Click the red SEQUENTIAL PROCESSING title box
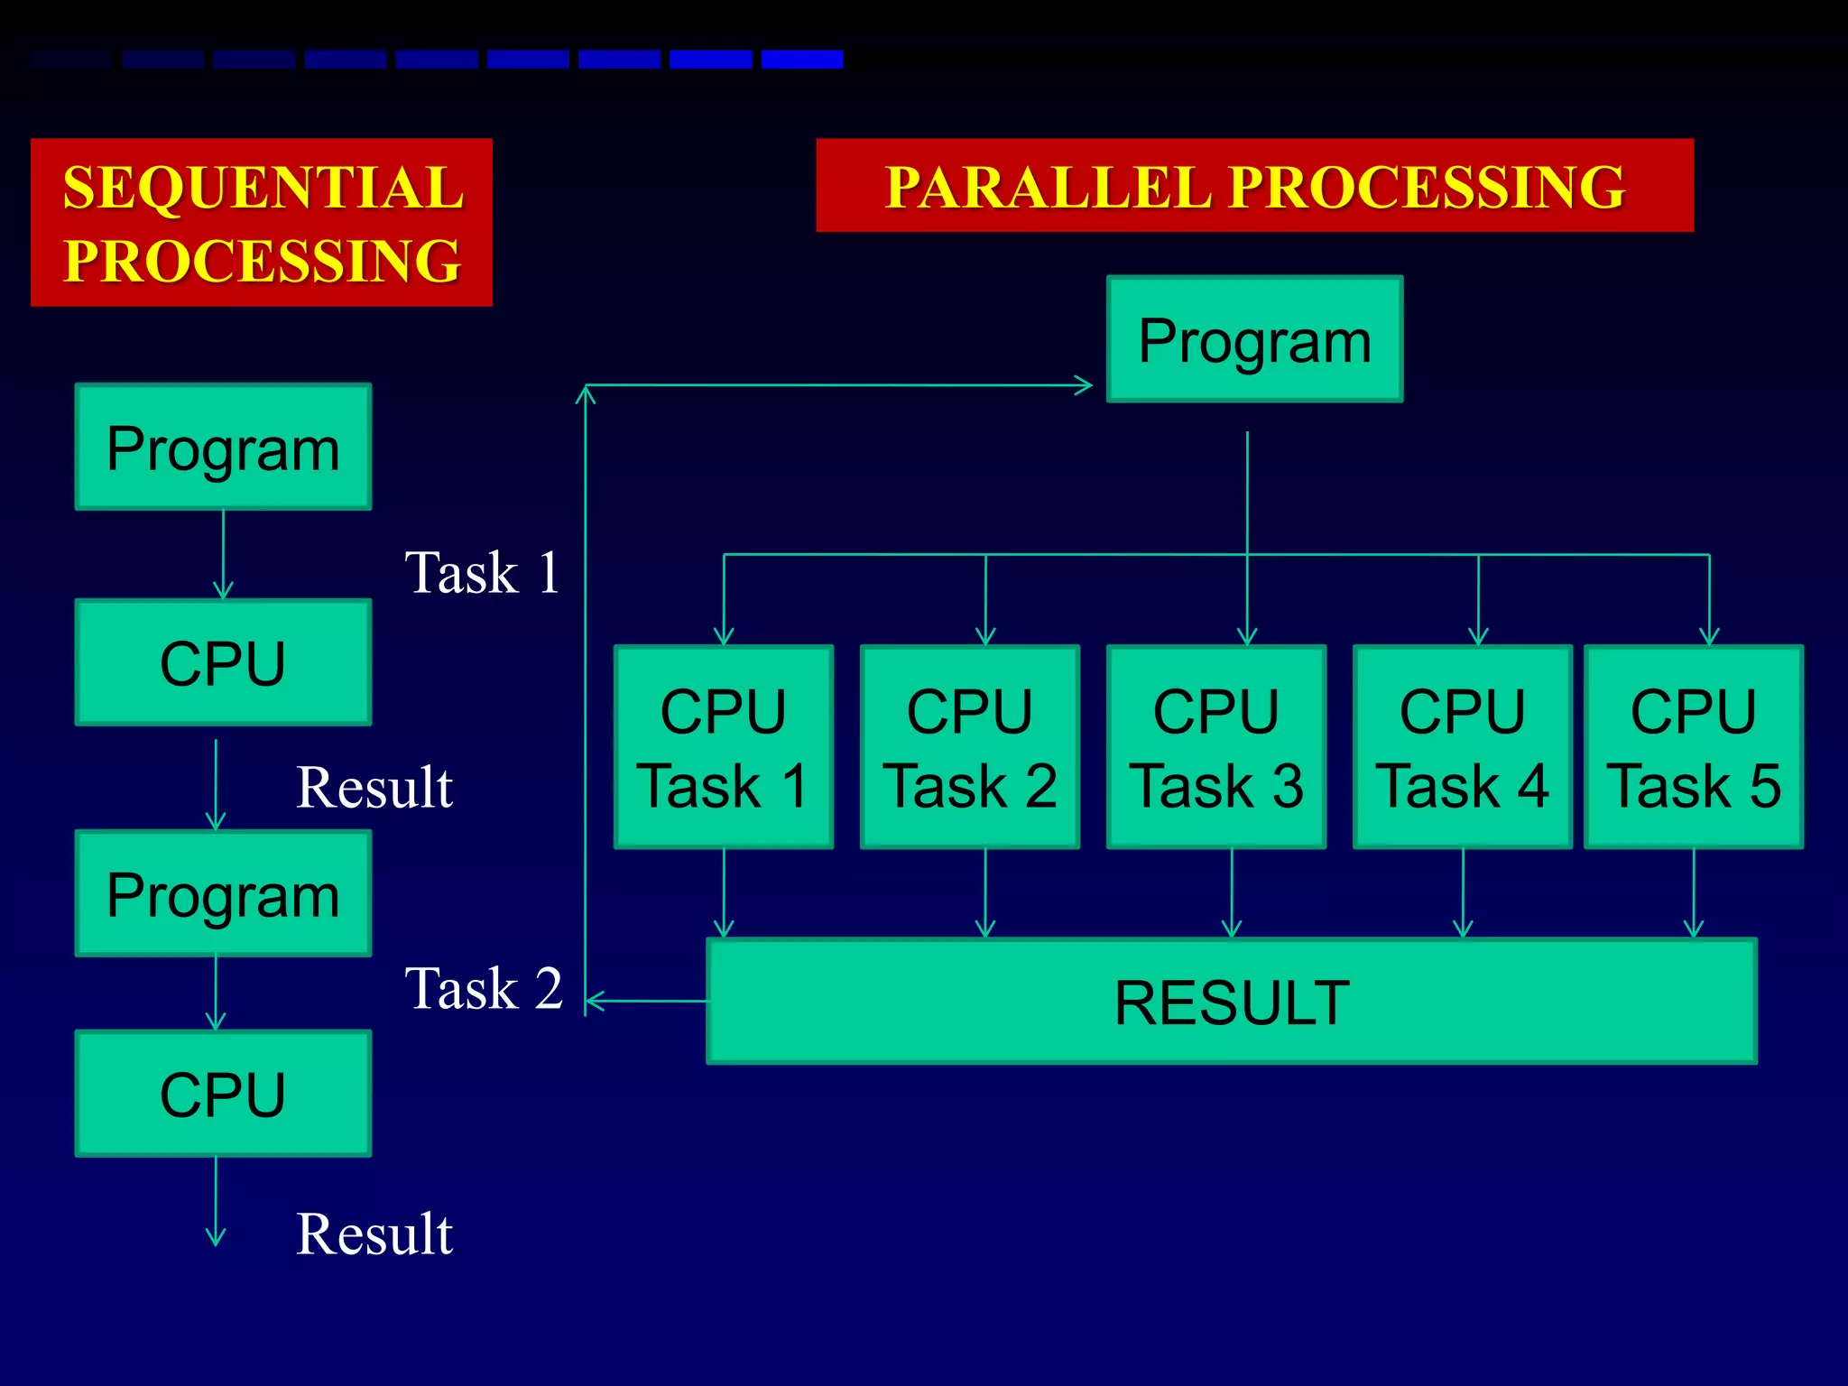click(x=261, y=222)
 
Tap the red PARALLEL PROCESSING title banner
click(x=1254, y=185)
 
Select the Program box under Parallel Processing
click(x=1254, y=339)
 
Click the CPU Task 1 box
click(x=723, y=747)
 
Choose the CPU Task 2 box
click(x=970, y=747)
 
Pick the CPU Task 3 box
click(x=1216, y=747)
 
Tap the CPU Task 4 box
click(x=1462, y=747)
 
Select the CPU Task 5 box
click(x=1694, y=747)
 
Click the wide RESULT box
click(x=1232, y=1002)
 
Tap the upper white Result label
click(x=374, y=787)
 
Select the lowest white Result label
click(x=374, y=1234)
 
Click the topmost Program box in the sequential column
click(x=223, y=448)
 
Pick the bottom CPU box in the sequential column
click(x=223, y=1094)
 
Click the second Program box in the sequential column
click(x=223, y=894)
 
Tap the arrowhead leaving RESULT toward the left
click(x=594, y=1001)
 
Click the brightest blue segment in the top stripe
click(x=801, y=60)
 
